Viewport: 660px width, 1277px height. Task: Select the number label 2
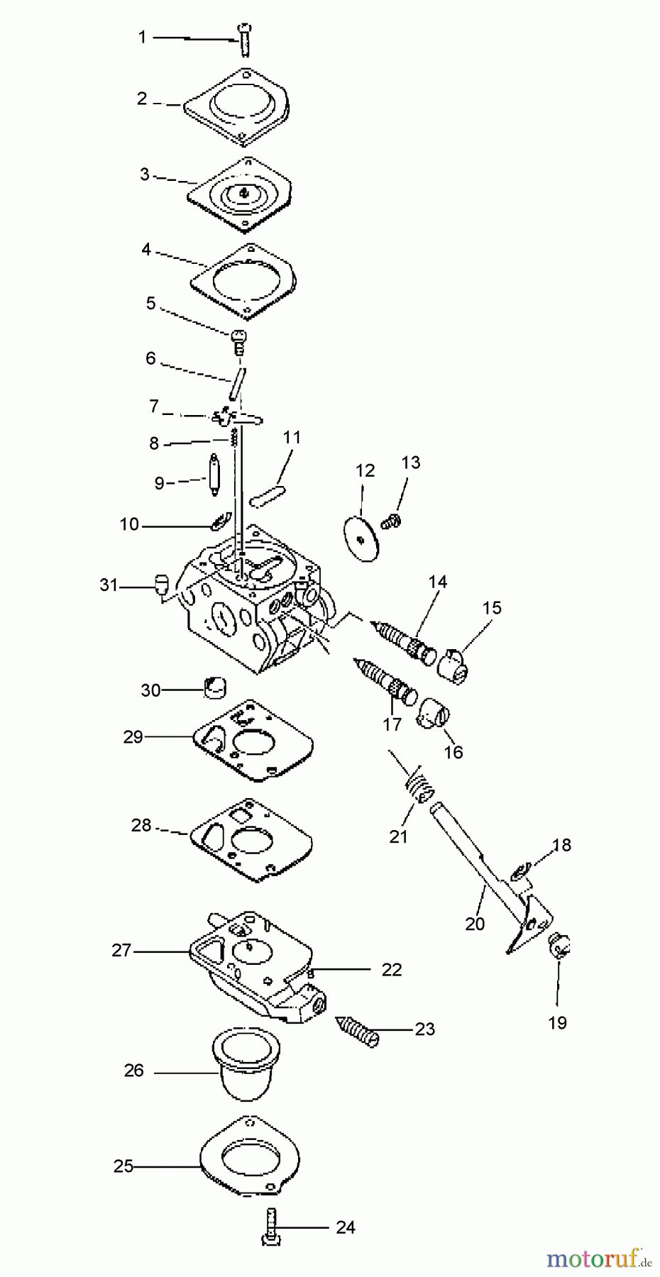(x=142, y=99)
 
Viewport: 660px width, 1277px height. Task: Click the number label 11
(x=292, y=437)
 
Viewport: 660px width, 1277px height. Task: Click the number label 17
(x=392, y=724)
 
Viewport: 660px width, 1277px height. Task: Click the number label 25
(x=123, y=1166)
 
